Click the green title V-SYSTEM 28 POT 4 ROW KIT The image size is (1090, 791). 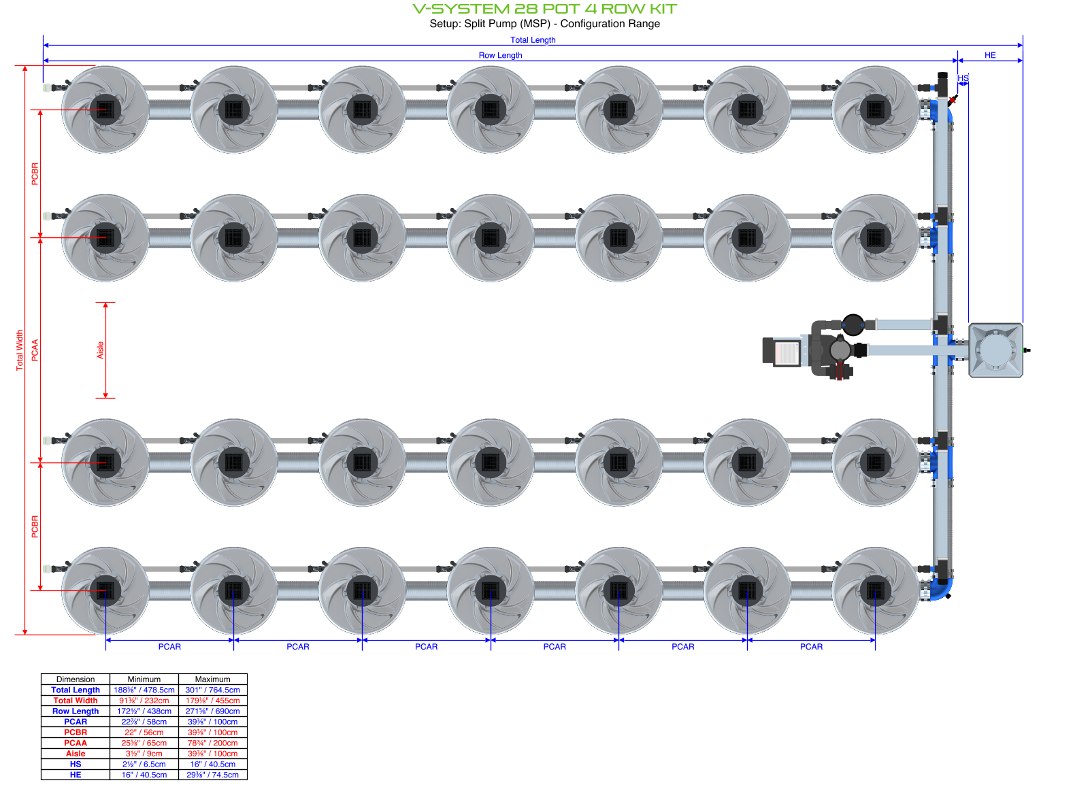click(x=544, y=9)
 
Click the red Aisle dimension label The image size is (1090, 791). click(x=100, y=350)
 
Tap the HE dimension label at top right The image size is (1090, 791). click(x=990, y=55)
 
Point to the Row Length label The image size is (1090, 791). click(x=500, y=55)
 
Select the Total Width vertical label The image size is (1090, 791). click(x=20, y=350)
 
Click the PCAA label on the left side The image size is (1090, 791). click(x=35, y=350)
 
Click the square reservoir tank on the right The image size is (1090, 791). click(x=995, y=350)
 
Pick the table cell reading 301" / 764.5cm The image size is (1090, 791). click(x=212, y=690)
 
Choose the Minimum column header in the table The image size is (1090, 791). click(x=144, y=679)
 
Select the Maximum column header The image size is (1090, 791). click(x=212, y=679)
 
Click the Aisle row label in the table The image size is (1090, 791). click(x=76, y=754)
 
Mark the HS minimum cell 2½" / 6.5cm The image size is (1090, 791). click(x=144, y=764)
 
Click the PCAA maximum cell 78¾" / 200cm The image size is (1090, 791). click(x=212, y=743)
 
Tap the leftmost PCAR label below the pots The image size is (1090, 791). click(x=169, y=647)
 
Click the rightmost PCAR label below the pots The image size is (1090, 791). click(x=811, y=647)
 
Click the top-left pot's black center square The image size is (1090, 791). click(x=105, y=109)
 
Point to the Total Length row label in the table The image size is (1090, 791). click(x=76, y=690)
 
